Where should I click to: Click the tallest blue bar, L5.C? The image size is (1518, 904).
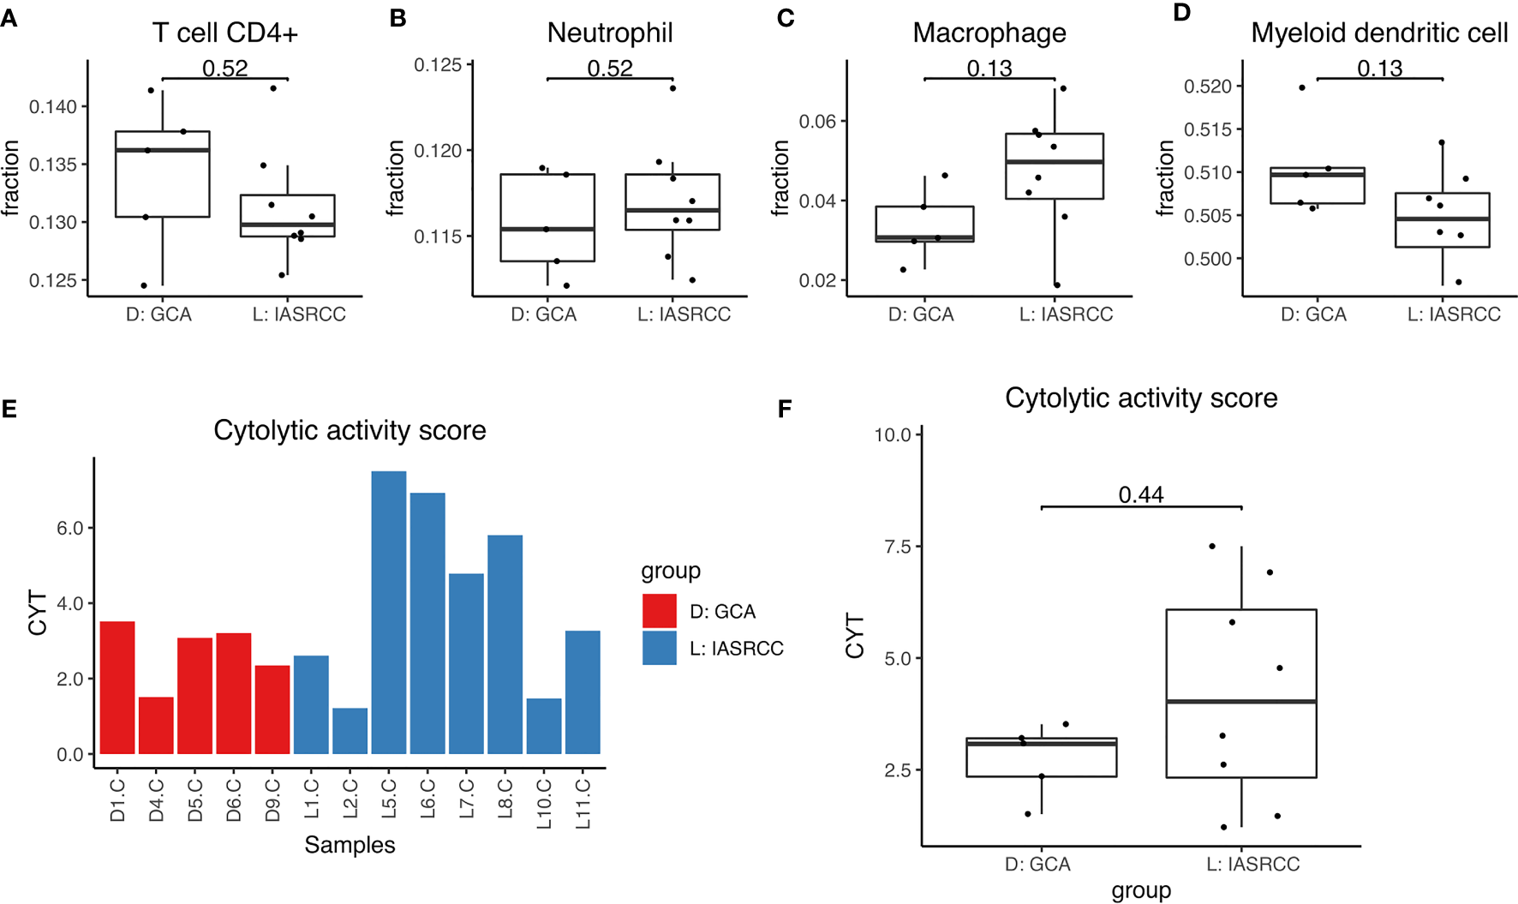click(388, 612)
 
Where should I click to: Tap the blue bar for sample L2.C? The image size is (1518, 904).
click(350, 731)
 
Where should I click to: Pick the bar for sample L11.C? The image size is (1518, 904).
click(583, 691)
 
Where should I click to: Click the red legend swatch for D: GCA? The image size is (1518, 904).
click(659, 611)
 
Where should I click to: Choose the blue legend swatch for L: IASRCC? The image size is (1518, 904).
click(659, 648)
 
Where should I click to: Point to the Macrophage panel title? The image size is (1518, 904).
click(989, 33)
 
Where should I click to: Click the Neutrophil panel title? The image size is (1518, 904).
click(610, 33)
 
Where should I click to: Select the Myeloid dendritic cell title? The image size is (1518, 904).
click(1379, 33)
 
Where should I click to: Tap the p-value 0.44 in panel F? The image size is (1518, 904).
click(1141, 494)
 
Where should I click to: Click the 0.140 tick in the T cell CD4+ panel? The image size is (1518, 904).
click(53, 106)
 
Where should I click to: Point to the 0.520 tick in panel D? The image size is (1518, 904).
click(1207, 87)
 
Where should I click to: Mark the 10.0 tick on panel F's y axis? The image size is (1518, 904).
click(893, 434)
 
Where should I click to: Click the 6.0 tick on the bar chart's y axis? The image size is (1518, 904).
click(70, 529)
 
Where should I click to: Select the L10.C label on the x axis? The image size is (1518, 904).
click(544, 804)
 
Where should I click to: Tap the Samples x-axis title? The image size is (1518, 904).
click(350, 845)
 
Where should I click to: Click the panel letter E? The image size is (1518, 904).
click(9, 409)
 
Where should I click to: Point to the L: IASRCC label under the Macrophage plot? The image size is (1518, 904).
click(1066, 314)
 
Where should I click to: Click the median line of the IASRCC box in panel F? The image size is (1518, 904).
click(1240, 701)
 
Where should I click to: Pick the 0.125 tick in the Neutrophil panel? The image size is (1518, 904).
click(438, 65)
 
